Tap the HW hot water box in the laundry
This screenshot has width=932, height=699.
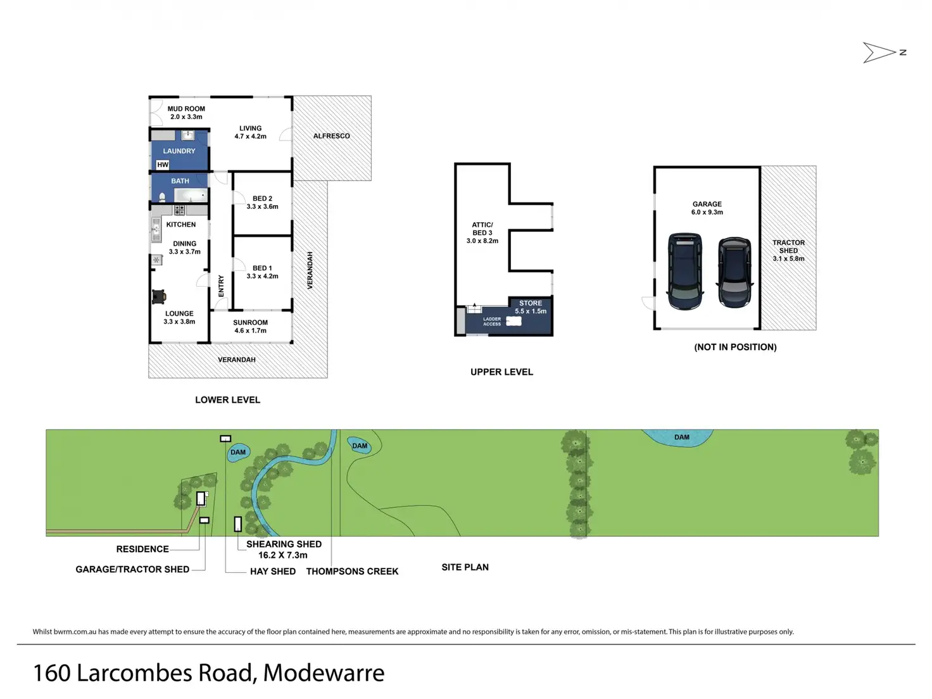click(163, 165)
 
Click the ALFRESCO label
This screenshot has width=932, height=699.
click(331, 136)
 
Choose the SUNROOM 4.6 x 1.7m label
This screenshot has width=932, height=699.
click(250, 327)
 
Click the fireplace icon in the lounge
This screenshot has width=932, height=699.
click(159, 296)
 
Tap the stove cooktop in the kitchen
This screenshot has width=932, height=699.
click(180, 210)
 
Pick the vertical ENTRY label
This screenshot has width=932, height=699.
click(221, 286)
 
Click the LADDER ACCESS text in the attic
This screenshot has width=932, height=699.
click(492, 322)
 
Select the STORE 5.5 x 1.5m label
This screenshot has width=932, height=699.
click(531, 307)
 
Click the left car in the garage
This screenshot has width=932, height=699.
click(684, 271)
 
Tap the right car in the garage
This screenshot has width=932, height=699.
click(734, 272)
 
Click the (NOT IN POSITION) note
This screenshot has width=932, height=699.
click(735, 347)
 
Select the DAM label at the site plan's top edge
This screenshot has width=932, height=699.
click(682, 438)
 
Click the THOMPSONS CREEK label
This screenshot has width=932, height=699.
click(352, 571)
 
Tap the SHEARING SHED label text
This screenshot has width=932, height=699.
click(284, 545)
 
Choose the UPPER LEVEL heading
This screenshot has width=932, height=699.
click(501, 372)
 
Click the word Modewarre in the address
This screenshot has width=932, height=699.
click(324, 673)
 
